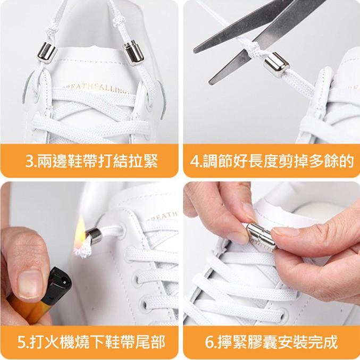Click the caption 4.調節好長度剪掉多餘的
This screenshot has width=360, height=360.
271,161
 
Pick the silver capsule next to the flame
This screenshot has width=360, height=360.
96,235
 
